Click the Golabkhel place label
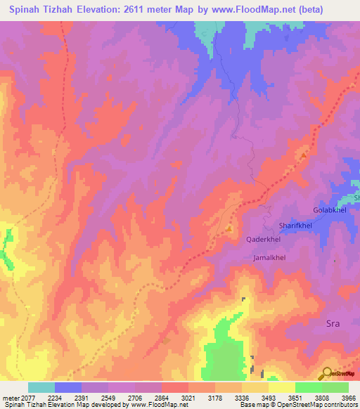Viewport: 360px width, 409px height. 330,211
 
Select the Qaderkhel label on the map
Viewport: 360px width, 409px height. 264,240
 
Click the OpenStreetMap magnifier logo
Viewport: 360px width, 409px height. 326,373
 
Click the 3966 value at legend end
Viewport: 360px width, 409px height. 348,397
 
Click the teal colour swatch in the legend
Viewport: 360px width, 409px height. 41,387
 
